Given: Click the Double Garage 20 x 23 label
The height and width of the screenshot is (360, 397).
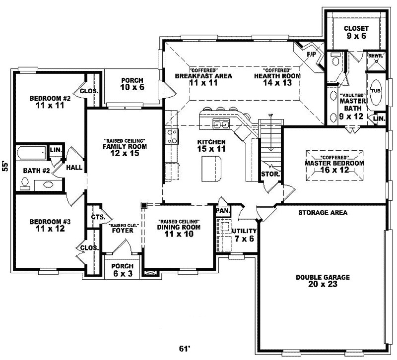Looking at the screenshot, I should tap(323, 282).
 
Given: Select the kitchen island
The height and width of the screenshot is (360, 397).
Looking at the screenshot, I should tap(212, 169).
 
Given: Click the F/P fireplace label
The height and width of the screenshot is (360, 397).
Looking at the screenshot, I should tap(312, 54).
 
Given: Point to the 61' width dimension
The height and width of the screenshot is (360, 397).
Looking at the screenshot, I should tap(185, 349).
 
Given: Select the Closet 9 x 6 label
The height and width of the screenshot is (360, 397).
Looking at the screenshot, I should tap(356, 32).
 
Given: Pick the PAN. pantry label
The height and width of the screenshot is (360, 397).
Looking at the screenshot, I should tap(221, 210).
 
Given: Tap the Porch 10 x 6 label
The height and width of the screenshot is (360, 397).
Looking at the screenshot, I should tap(132, 84).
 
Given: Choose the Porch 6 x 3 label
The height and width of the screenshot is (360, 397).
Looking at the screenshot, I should tap(122, 269).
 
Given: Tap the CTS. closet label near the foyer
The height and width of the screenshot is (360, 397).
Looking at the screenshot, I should tap(97, 217).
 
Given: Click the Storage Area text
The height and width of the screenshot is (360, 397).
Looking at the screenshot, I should tap(323, 212).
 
